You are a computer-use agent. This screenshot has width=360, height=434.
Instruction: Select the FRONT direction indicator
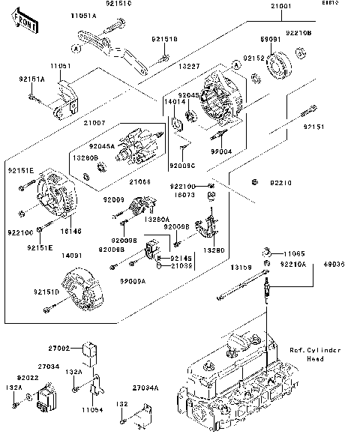[x=27, y=26]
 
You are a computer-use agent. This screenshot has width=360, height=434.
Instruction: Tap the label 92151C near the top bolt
[x=118, y=4]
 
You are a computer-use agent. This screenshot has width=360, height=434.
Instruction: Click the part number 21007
[x=94, y=121]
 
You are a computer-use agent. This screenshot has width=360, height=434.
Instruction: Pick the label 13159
[x=240, y=267]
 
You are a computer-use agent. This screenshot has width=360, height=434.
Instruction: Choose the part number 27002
[x=61, y=349]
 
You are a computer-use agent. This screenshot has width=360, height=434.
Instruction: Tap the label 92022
[x=27, y=378]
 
